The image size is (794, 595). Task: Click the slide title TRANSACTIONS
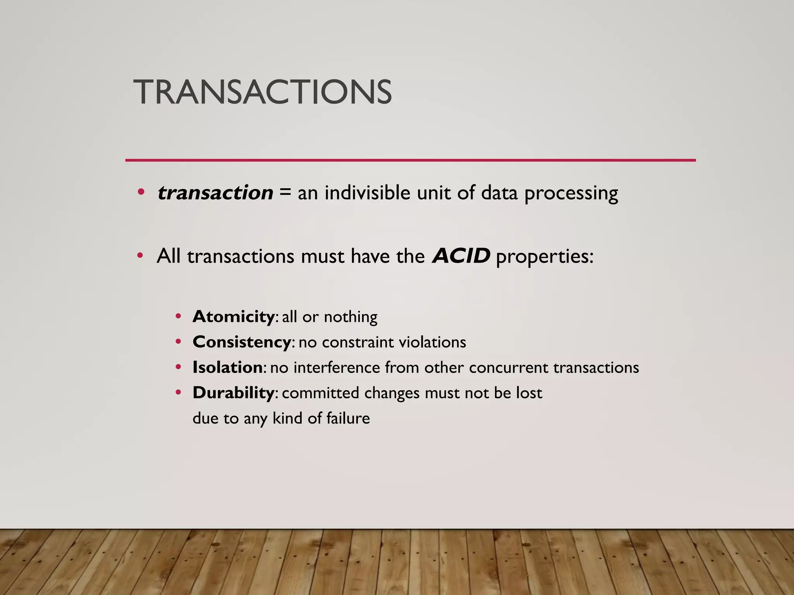coord(262,92)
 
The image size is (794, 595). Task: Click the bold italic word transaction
coord(215,193)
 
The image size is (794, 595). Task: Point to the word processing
coord(571,194)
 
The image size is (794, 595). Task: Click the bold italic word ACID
coord(461,256)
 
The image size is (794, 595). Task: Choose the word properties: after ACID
coord(545,257)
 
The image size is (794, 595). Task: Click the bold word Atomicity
coord(234,316)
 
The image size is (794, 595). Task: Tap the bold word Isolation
coord(228,367)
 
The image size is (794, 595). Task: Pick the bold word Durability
coord(234,393)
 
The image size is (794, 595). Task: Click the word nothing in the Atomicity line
coord(350,317)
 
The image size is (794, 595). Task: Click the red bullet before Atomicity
coord(178,316)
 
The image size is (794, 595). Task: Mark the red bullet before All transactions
coord(140,256)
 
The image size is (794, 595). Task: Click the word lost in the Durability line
coord(529,393)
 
